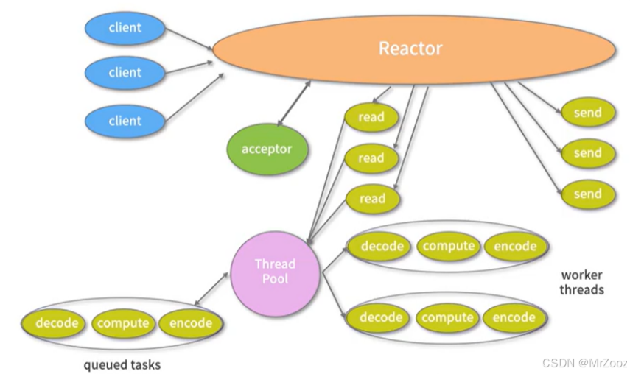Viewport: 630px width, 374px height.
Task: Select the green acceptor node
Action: (267, 149)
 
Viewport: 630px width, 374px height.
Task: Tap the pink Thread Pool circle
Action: (275, 272)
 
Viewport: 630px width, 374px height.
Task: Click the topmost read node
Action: (371, 117)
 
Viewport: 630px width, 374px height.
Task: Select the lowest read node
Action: (371, 198)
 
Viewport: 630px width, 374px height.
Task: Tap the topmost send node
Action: (587, 113)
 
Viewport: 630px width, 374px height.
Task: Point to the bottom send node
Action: (587, 194)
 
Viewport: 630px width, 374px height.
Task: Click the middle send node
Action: (587, 153)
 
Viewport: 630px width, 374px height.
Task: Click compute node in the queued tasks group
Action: (123, 323)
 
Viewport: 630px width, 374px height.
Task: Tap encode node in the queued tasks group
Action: (190, 323)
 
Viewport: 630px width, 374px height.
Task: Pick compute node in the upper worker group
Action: (448, 246)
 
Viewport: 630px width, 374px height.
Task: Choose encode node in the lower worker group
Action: (514, 317)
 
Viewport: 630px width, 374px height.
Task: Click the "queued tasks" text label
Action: (122, 364)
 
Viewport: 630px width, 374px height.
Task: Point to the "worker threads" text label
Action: (581, 282)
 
